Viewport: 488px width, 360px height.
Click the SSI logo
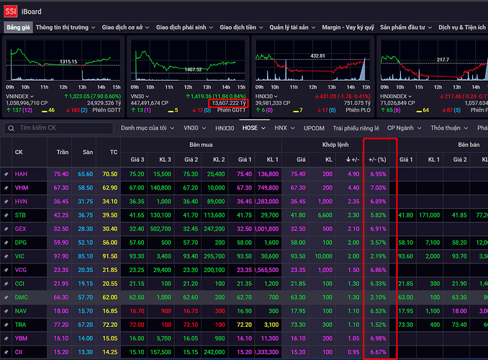pos(12,11)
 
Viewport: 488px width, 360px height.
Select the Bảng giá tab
pos(19,27)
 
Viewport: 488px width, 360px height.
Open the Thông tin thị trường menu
pos(62,27)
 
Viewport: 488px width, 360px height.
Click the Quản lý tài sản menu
pos(290,27)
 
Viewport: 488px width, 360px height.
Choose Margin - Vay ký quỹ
pos(348,27)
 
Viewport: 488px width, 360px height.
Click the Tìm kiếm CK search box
pos(61,128)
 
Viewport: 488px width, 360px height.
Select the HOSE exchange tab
pos(250,127)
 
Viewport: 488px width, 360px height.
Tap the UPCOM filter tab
pos(314,127)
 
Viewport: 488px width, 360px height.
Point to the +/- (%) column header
pos(378,158)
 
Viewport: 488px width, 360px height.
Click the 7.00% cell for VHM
pos(378,187)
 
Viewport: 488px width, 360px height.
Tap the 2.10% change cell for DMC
pos(378,297)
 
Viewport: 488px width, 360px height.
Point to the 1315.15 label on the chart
pos(68,62)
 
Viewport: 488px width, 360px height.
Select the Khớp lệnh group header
pos(337,145)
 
